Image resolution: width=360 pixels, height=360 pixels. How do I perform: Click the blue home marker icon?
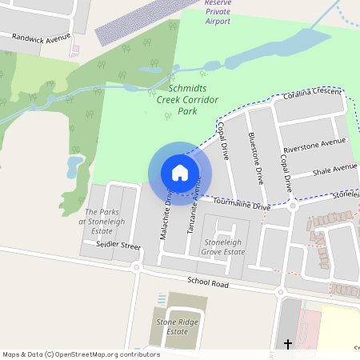pos(180,172)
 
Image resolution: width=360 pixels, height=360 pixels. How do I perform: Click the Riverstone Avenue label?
pos(315,146)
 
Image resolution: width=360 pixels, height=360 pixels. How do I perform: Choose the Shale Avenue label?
pos(334,170)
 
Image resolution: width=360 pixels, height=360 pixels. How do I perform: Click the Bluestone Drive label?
pos(256,158)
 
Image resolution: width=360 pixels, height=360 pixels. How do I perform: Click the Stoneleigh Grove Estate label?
pos(223,246)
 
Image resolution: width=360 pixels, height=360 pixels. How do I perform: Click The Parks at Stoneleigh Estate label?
pos(102,222)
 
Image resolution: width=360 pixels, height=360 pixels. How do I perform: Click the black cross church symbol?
pos(288,344)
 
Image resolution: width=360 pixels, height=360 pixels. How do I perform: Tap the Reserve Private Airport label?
pos(218,12)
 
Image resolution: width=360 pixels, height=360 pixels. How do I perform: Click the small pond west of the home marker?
pos(74,166)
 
